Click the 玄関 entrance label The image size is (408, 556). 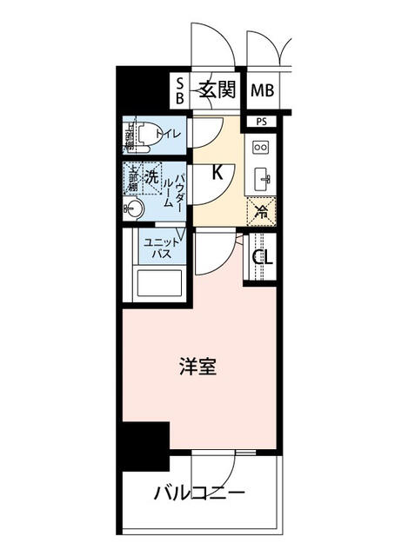pyautogui.click(x=217, y=89)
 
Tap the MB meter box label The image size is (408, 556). pyautogui.click(x=261, y=89)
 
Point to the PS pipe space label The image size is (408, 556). pyautogui.click(x=261, y=122)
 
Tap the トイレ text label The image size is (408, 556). pyautogui.click(x=168, y=135)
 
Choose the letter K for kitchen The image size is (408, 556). pyautogui.click(x=217, y=173)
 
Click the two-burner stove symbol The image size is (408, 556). pyautogui.click(x=261, y=149)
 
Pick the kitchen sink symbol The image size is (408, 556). pyautogui.click(x=261, y=179)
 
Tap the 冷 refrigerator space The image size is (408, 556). pyautogui.click(x=261, y=210)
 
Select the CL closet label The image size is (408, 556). pyautogui.click(x=262, y=258)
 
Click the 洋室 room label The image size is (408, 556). pyautogui.click(x=199, y=367)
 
